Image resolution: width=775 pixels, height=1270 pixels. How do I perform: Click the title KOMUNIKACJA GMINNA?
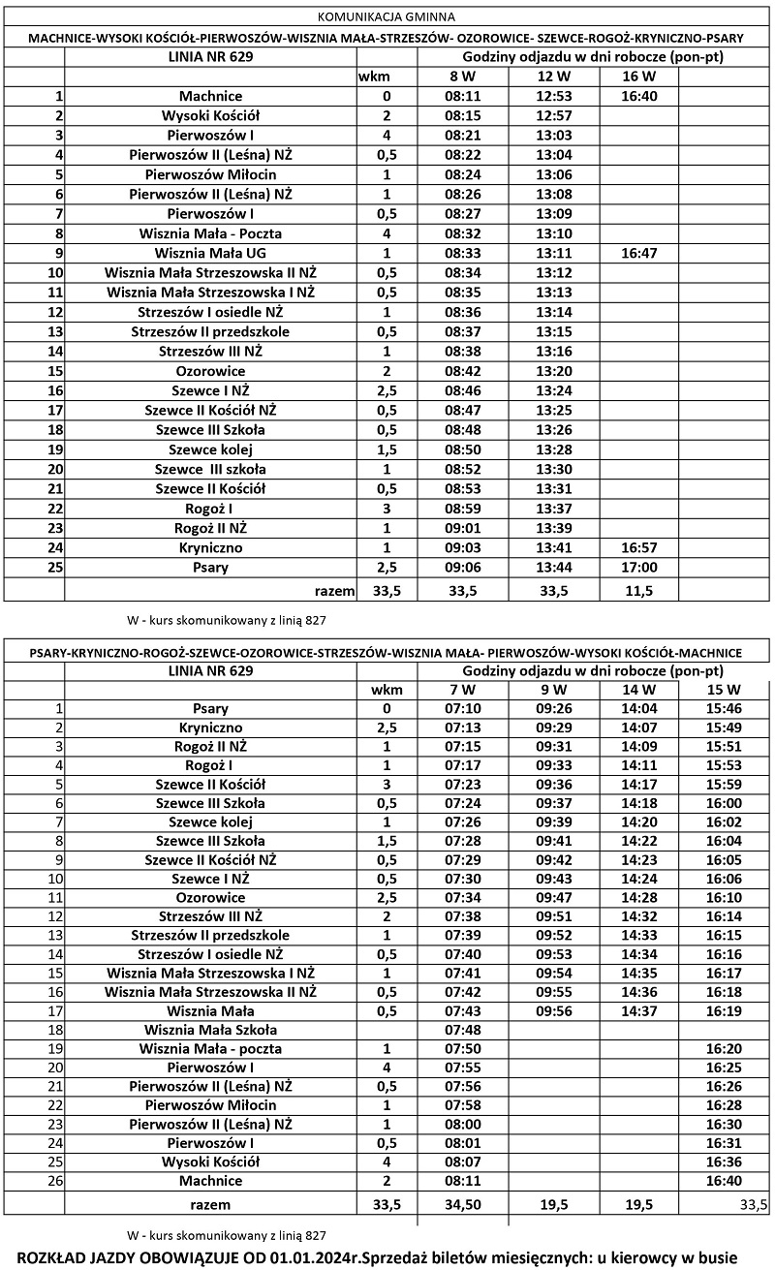click(x=386, y=16)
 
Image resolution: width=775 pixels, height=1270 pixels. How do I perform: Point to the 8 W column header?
click(x=461, y=76)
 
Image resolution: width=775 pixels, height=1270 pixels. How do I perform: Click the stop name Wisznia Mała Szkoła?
click(x=210, y=1030)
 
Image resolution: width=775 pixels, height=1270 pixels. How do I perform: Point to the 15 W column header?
click(x=723, y=690)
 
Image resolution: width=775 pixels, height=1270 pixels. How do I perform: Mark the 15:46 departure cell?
click(x=723, y=708)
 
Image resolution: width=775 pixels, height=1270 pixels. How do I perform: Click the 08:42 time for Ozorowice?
click(x=461, y=371)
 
